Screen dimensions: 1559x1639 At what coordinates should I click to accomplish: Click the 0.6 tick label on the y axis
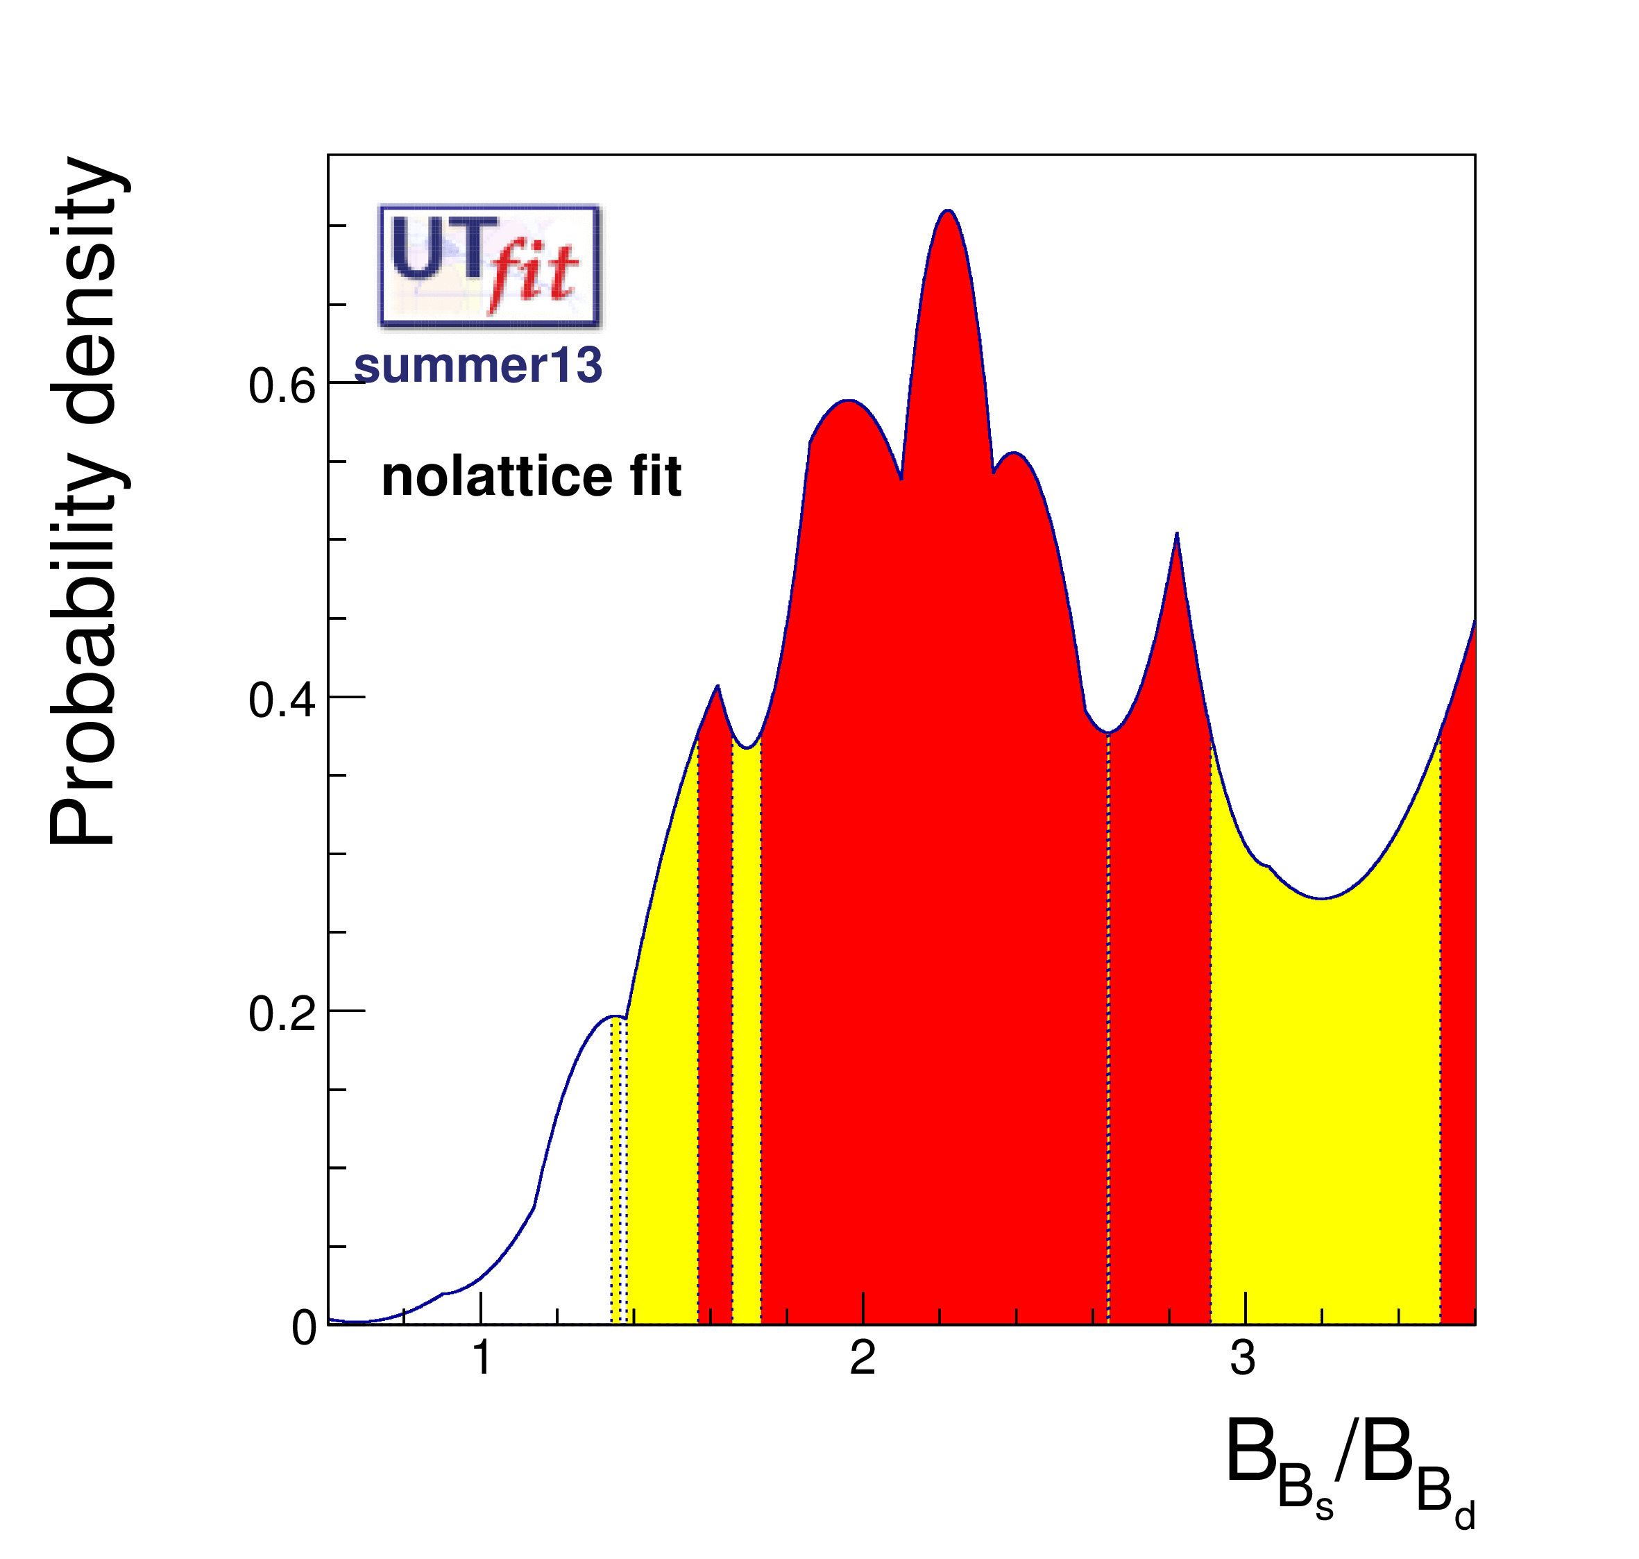(x=282, y=387)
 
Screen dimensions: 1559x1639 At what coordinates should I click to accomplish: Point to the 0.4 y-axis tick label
(x=282, y=700)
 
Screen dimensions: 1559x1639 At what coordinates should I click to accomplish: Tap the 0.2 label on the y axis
(x=282, y=1015)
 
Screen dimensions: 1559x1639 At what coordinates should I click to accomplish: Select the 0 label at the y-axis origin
(x=304, y=1328)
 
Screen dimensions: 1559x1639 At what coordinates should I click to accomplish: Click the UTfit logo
(x=489, y=266)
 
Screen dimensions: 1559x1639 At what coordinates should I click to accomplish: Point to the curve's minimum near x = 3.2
(x=1320, y=898)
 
